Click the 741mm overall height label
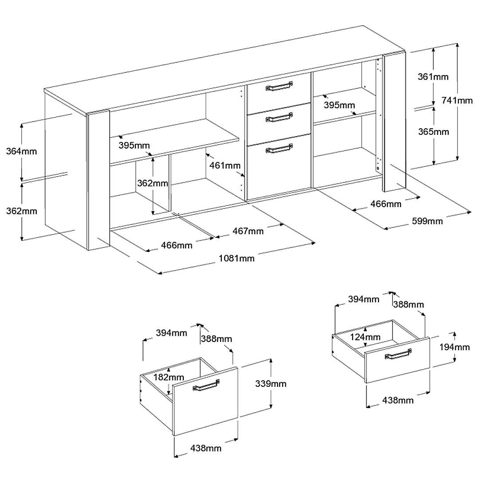click(457, 101)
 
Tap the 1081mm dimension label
click(236, 258)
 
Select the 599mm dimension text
click(427, 221)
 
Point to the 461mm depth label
click(225, 165)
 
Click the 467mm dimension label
click(248, 231)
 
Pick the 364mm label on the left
click(21, 151)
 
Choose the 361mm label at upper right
click(433, 77)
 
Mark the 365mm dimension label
click(433, 132)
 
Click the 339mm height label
click(271, 384)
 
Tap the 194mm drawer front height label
click(454, 347)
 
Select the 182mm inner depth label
click(169, 377)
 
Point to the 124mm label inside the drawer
click(365, 337)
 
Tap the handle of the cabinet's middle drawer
click(279, 117)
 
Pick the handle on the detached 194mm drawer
click(398, 354)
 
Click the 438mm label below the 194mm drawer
click(398, 400)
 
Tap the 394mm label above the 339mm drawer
click(172, 333)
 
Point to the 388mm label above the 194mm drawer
click(408, 304)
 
